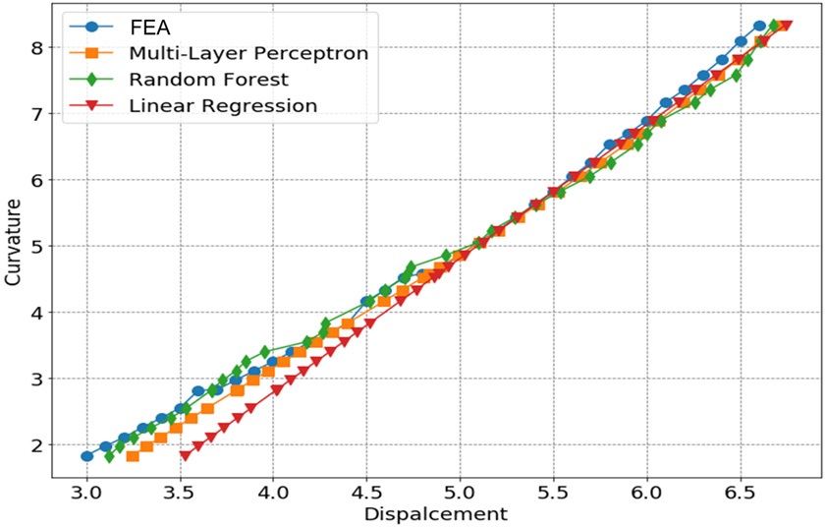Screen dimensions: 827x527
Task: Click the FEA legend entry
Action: tap(150, 27)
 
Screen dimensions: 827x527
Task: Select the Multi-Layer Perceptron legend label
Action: tap(248, 53)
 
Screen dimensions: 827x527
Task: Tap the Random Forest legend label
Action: tap(209, 80)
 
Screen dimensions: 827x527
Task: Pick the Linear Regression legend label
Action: tap(223, 105)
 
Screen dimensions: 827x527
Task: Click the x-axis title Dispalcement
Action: tap(436, 513)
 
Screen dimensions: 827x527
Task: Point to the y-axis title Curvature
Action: tap(13, 243)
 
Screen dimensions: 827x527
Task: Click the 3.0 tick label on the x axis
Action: tap(86, 493)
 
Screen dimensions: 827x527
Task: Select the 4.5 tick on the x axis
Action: tap(366, 493)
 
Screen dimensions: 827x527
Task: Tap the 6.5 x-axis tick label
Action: tap(740, 493)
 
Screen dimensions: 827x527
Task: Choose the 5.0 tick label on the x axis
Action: tap(460, 493)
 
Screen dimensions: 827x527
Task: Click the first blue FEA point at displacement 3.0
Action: tap(87, 456)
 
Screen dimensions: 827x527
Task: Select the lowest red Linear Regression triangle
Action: tap(185, 455)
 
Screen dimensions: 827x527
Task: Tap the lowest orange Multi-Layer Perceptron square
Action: tap(133, 455)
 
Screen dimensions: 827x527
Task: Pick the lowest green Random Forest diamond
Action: tap(109, 456)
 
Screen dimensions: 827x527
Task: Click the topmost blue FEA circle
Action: tap(759, 26)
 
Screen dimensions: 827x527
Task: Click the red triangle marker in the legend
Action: tap(91, 105)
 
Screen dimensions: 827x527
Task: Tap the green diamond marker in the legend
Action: tap(91, 80)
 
